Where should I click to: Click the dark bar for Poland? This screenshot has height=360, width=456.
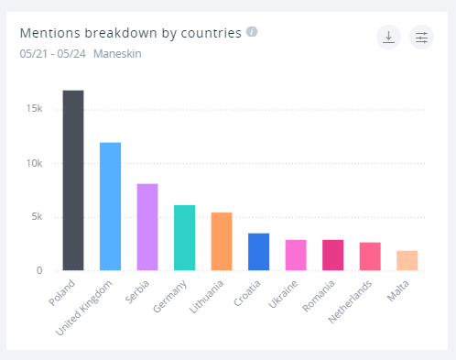(73, 180)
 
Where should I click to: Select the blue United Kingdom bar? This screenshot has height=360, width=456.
(110, 206)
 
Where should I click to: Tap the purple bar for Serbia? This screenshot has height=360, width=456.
(147, 227)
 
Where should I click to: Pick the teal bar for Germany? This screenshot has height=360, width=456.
(184, 237)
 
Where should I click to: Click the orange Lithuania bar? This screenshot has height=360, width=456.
(222, 241)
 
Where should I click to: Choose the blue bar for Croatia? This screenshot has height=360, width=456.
(258, 252)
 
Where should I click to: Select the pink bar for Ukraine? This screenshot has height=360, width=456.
(296, 255)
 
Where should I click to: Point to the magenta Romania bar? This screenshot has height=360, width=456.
(332, 255)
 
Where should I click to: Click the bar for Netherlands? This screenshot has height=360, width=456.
(370, 256)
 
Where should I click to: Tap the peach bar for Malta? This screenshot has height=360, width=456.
(407, 260)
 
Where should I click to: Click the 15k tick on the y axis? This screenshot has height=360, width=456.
(33, 109)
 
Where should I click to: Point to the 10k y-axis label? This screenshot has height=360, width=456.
(33, 163)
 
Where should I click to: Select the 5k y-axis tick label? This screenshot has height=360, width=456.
(36, 217)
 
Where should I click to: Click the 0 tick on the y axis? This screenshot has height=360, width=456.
(38, 270)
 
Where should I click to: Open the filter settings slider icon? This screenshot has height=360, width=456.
(421, 37)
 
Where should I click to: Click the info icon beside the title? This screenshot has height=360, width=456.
(252, 32)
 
